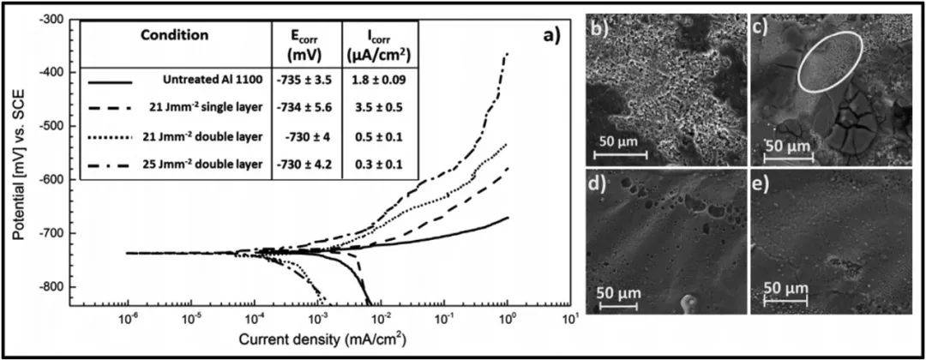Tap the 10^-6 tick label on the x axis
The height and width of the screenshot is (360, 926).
(128, 320)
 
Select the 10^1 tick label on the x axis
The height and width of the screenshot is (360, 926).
(568, 320)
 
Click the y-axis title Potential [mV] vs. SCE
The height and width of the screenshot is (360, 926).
(19, 163)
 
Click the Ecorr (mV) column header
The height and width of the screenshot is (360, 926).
(306, 43)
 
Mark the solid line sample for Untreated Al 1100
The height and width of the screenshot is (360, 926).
(111, 81)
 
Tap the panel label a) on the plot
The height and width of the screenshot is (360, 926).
(547, 36)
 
